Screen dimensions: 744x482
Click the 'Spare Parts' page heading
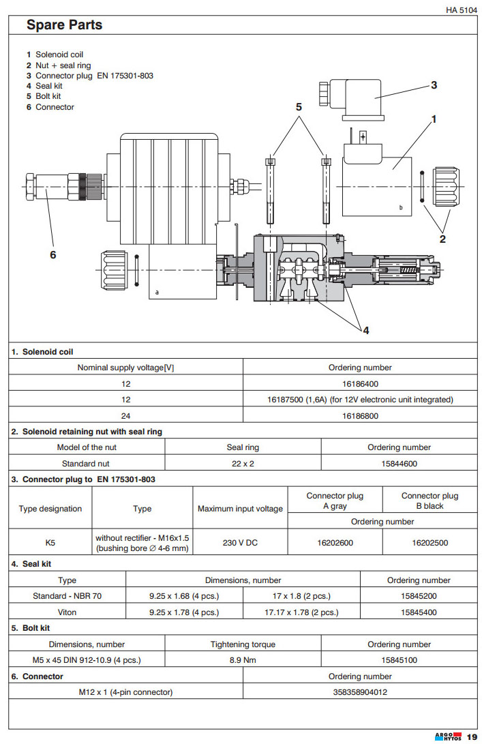(64, 25)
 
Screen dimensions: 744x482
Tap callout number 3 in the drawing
(434, 85)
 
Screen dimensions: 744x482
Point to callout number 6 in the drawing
(52, 254)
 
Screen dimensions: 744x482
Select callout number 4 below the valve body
(365, 330)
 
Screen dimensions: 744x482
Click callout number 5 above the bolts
(298, 107)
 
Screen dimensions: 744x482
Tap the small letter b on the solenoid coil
(400, 207)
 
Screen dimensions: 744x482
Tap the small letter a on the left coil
(157, 291)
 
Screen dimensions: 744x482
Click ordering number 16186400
(360, 383)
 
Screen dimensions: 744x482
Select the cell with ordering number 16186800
(360, 415)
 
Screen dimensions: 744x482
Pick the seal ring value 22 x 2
(243, 464)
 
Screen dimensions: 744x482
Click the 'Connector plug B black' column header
(430, 501)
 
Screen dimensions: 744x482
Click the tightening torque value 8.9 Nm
(243, 660)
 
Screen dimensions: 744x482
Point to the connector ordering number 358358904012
(360, 692)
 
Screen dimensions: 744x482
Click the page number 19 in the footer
(472, 736)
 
